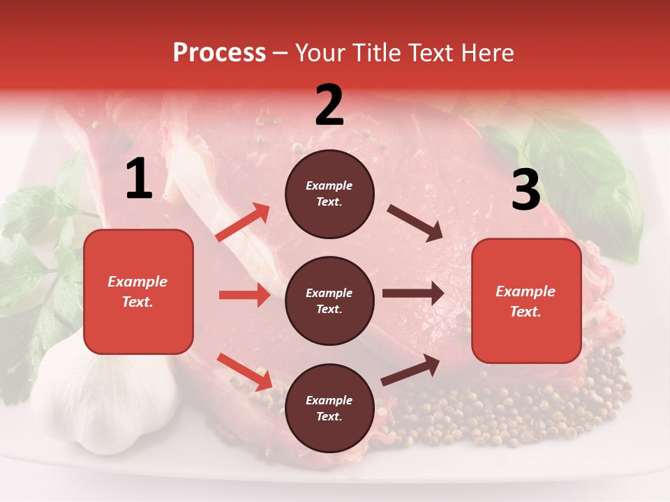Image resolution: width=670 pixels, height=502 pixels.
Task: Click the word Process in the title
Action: point(219,53)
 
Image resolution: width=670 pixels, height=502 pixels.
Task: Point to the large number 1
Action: point(139,179)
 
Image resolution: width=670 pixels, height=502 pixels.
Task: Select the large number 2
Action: point(329,105)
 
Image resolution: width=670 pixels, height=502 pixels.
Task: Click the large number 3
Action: point(526,190)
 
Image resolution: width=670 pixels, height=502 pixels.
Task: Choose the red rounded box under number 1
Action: point(138,291)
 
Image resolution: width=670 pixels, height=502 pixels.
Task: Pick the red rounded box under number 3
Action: point(526,301)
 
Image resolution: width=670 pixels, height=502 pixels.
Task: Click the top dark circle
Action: point(329,194)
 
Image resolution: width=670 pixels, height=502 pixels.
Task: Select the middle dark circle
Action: point(329,301)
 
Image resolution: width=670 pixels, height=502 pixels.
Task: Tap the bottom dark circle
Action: point(329,408)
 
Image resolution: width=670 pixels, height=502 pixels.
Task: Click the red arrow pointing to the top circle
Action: point(242,222)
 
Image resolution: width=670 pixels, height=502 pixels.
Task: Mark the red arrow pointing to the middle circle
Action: point(244,295)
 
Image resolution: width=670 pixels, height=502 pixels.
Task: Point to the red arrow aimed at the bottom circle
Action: point(244,371)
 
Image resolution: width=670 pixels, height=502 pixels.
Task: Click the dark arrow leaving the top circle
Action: point(415,222)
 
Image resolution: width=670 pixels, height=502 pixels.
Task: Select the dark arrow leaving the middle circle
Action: point(412,293)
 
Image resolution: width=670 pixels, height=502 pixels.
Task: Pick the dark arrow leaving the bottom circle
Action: point(410,370)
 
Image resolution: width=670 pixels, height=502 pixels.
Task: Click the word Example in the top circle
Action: point(329,185)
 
